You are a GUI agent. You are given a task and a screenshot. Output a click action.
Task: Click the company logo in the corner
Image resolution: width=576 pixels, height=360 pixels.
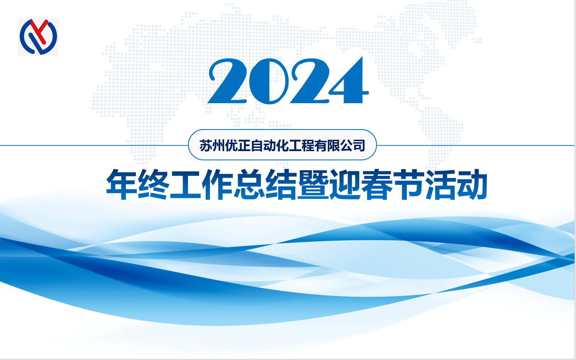tap(38, 37)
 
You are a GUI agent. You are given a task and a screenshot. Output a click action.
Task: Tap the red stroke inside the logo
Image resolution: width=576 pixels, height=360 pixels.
tap(39, 31)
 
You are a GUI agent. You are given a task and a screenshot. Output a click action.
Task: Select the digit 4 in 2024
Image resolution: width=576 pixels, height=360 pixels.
tap(349, 80)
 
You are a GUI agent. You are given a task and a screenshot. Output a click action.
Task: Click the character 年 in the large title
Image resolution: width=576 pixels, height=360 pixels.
tap(122, 184)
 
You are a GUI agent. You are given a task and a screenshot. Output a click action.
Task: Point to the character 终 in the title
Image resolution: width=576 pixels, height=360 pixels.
tap(154, 184)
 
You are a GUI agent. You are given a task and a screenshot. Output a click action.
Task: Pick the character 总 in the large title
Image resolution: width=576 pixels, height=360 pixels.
tap(249, 184)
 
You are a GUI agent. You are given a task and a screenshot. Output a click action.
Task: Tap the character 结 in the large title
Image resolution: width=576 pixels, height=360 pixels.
tap(281, 184)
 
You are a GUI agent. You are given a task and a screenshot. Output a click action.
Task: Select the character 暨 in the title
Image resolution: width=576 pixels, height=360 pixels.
tap(313, 184)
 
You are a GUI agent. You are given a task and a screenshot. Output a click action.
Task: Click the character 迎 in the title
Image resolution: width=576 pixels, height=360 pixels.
tap(345, 184)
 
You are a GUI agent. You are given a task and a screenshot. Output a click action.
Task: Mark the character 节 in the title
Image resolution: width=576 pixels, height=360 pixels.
tap(409, 184)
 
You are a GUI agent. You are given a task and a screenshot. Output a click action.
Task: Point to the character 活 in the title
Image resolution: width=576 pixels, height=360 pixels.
tap(441, 184)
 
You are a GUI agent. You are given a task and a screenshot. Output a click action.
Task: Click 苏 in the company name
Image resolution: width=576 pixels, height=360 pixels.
tap(206, 145)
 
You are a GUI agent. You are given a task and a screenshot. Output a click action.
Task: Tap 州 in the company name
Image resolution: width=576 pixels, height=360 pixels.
tap(218, 145)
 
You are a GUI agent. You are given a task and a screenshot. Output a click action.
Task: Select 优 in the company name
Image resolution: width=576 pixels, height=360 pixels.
tap(231, 145)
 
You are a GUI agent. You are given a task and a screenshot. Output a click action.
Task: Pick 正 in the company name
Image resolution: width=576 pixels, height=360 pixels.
tap(244, 145)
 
